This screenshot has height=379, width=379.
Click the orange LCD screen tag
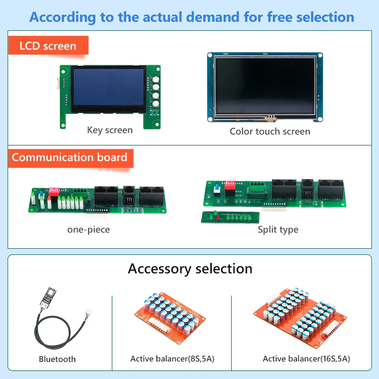click(48, 45)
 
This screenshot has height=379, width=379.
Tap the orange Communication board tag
click(70, 157)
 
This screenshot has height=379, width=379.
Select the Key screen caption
click(110, 130)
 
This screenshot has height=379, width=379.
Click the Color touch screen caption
click(270, 131)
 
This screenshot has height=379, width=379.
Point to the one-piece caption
click(89, 230)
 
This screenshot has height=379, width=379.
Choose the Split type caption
click(278, 230)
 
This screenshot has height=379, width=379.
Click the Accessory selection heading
click(190, 269)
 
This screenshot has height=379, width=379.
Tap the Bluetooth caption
click(57, 359)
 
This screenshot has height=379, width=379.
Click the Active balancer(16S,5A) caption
click(307, 359)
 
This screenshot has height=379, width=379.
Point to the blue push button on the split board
click(218, 189)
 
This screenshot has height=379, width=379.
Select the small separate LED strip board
click(230, 217)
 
